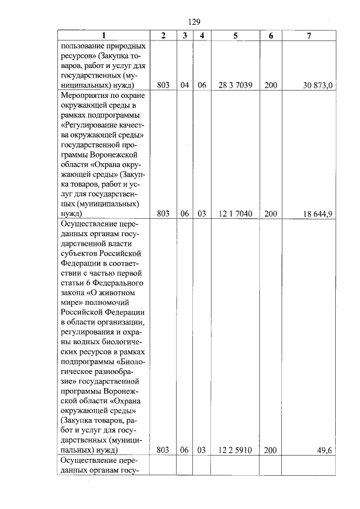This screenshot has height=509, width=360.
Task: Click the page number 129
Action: pos(193,22)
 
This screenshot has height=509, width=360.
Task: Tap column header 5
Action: pos(235,35)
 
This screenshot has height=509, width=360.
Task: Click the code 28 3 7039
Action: pos(235,85)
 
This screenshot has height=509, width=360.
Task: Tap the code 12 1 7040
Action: pos(235,214)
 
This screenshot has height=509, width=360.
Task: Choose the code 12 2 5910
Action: pos(235,450)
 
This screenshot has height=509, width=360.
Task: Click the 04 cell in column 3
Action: pos(184,85)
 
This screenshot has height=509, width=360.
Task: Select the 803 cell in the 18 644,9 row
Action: pos(163,214)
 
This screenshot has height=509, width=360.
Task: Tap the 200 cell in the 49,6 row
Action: pos(271,450)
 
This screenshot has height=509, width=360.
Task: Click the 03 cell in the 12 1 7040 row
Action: pos(201,214)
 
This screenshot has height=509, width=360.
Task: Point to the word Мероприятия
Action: pos(83,96)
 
